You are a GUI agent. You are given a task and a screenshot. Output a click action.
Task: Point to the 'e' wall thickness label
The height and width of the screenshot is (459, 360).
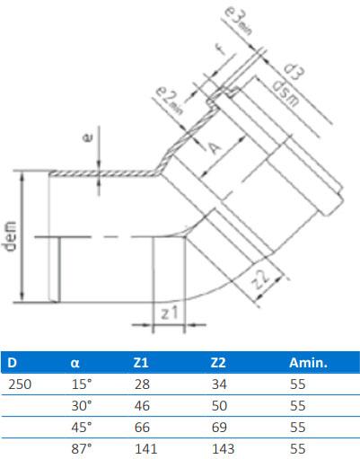[86, 138]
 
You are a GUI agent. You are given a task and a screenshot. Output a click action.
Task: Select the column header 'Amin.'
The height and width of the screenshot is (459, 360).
[308, 364]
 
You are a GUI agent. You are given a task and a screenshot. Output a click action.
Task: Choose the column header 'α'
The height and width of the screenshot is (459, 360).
[75, 364]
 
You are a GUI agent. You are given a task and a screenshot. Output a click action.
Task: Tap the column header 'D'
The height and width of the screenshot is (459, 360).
[12, 364]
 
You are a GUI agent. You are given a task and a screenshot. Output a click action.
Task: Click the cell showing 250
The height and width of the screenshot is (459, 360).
[18, 384]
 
